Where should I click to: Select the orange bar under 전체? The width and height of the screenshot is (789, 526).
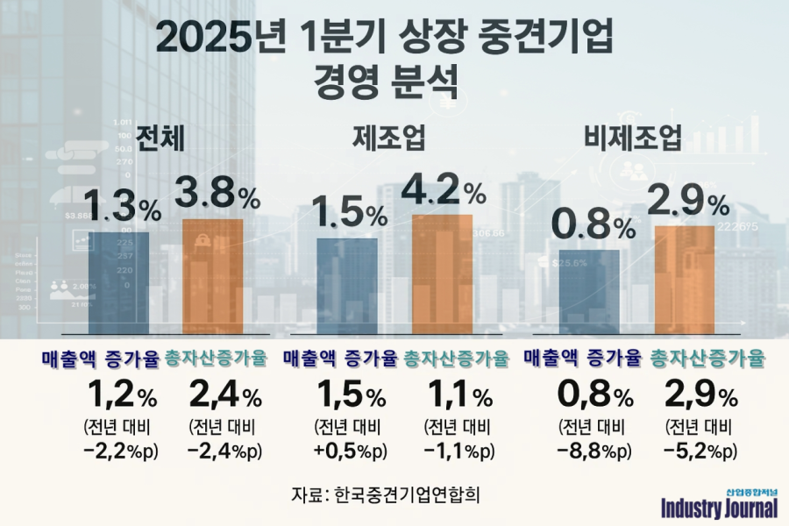click(212, 276)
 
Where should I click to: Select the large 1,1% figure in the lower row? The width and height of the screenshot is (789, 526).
click(458, 397)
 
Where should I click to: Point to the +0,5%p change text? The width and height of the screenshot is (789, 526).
click(349, 451)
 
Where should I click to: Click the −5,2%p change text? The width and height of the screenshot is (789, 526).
click(700, 451)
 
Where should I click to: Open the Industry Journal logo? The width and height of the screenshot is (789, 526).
click(719, 504)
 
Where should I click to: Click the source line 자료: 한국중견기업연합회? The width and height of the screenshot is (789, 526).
click(387, 493)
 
